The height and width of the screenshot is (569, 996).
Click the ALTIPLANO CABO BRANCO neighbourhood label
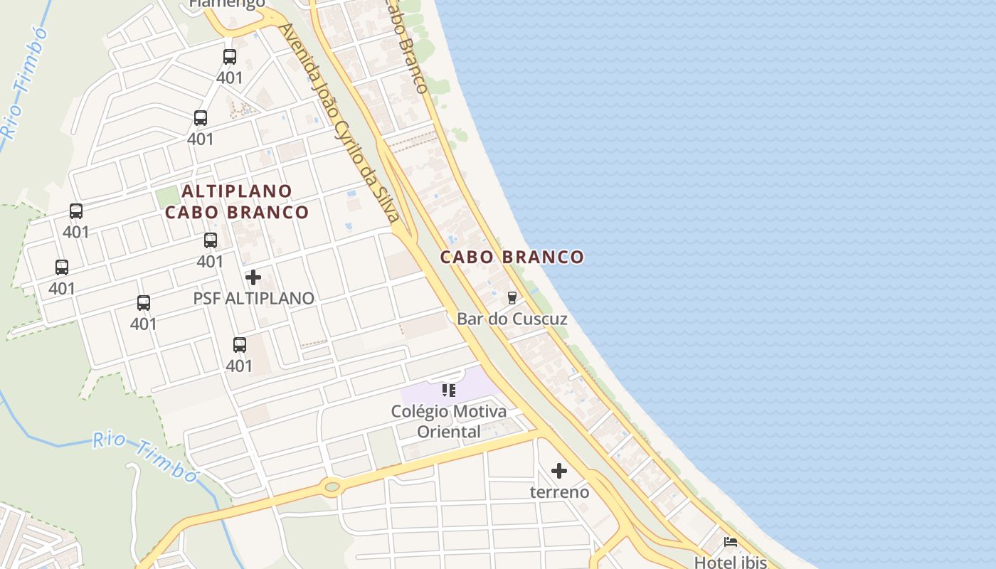tap(237, 201)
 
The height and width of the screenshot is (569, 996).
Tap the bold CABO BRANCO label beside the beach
tap(512, 257)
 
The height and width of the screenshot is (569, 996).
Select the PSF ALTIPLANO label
tap(253, 298)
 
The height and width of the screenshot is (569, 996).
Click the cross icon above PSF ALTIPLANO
tap(253, 277)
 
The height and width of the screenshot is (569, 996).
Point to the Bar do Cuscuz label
tap(512, 319)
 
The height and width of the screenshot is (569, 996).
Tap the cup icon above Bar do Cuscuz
tap(512, 298)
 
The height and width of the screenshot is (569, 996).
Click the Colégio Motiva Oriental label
tap(449, 421)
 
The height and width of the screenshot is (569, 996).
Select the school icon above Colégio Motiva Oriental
tap(449, 390)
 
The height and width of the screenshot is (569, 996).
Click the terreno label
tap(560, 491)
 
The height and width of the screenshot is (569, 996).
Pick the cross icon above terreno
tap(560, 471)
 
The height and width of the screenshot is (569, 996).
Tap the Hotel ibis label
tap(731, 562)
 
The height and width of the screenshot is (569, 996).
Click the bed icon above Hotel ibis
tap(731, 542)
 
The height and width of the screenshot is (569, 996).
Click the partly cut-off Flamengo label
tap(227, 4)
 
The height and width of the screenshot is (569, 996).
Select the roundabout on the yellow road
tap(331, 487)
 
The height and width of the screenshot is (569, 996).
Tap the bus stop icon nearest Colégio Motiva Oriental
tap(240, 345)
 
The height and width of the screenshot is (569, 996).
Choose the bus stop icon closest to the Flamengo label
tap(230, 57)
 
